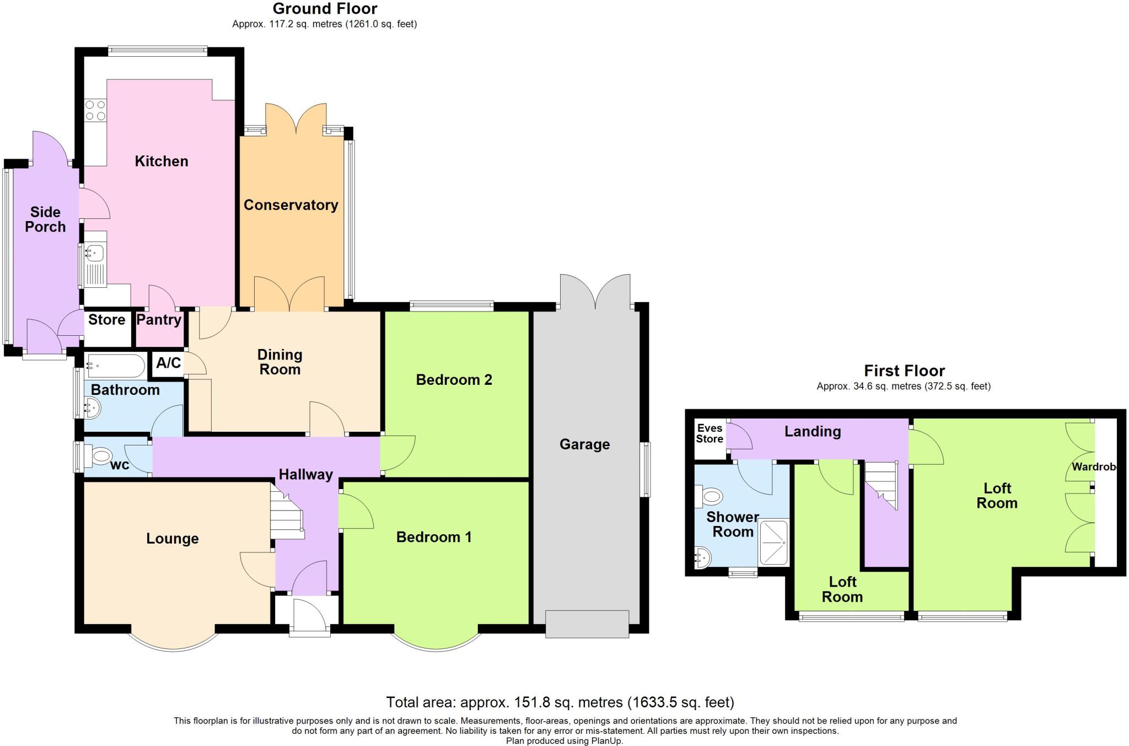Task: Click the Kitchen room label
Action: click(x=162, y=161)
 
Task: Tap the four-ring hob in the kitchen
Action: click(x=95, y=110)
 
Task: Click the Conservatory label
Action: click(x=291, y=205)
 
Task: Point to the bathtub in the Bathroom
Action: click(x=115, y=366)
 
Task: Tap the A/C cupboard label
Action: click(x=168, y=363)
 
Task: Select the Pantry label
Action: click(x=159, y=320)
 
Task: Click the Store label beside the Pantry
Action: click(x=107, y=320)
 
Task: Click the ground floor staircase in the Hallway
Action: click(x=287, y=516)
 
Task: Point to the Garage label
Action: click(x=584, y=444)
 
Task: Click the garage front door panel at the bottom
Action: click(x=587, y=624)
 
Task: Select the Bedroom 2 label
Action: click(x=454, y=380)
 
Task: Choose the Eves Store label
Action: click(x=709, y=434)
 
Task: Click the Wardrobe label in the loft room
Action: click(x=1094, y=467)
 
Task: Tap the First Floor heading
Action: click(x=904, y=371)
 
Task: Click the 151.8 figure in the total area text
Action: click(x=532, y=702)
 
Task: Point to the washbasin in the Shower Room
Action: click(x=702, y=557)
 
